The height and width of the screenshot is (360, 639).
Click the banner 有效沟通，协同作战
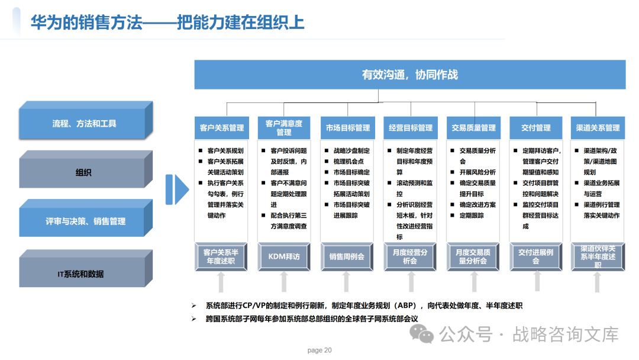pos(410,75)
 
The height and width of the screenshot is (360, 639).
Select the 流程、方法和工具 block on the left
pos(83,124)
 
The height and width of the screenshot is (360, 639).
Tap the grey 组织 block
pos(83,173)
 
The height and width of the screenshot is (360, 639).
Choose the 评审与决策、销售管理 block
pos(83,221)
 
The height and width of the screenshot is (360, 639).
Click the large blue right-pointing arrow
pos(176,189)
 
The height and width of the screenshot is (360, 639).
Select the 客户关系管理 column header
pos(221,128)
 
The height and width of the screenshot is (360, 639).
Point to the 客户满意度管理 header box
pos(284,128)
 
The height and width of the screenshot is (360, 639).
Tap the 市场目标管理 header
pos(347,128)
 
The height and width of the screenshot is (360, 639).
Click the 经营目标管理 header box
pos(410,128)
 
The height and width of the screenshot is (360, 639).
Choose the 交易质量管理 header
pos(473,128)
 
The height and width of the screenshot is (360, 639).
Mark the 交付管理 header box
pos(536,128)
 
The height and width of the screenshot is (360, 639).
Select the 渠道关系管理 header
pos(598,128)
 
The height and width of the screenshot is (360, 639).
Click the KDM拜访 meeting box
pos(284,257)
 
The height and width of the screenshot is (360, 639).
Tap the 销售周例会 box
pos(347,257)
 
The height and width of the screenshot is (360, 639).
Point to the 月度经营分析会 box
pos(410,257)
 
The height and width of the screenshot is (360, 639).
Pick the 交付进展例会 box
pos(536,257)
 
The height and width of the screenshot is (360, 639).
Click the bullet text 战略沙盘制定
pos(351,151)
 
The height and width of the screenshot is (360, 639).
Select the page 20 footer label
pos(319,351)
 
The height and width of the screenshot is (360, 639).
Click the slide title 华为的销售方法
pos(86,22)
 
